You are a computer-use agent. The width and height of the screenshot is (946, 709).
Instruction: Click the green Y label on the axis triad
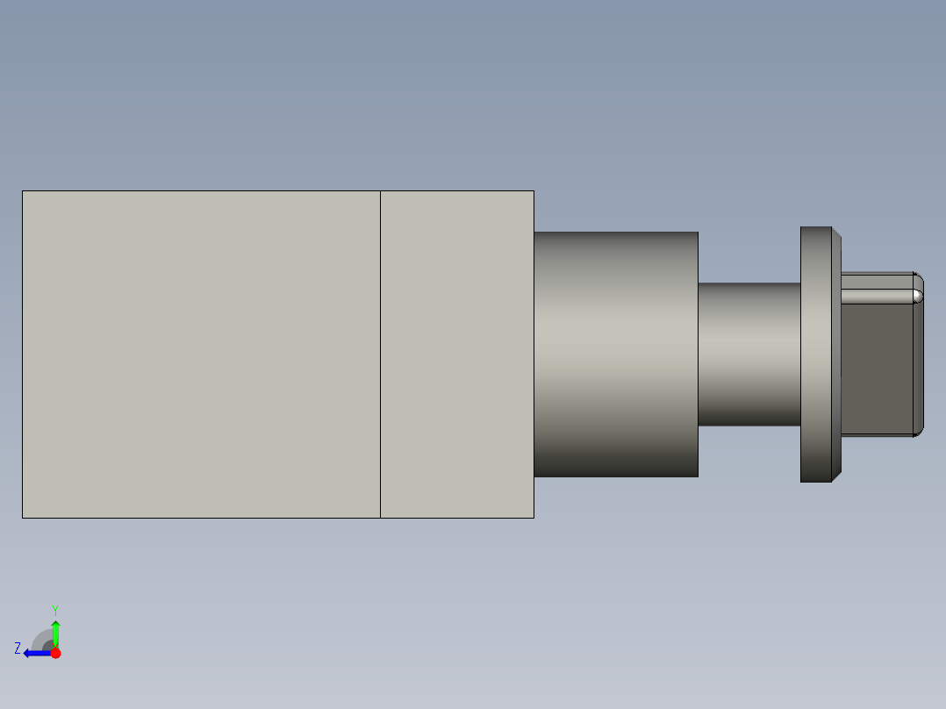point(54,609)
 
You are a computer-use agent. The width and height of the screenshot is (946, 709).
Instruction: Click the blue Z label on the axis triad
point(18,648)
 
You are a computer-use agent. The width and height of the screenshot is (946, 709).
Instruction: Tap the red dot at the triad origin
point(55,653)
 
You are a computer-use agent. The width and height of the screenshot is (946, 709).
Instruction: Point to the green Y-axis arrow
point(55,632)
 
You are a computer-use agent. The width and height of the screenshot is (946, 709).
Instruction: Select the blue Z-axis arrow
point(35,653)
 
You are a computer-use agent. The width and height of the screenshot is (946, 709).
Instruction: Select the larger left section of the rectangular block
point(201,354)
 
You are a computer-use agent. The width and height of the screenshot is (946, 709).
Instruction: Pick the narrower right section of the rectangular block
point(457,354)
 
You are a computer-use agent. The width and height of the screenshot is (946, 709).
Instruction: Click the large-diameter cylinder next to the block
point(616,354)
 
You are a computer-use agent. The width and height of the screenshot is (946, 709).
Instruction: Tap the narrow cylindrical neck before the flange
point(749,354)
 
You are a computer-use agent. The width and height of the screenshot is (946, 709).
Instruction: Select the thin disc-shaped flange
point(815,354)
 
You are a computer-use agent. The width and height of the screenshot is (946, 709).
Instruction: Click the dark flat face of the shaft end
point(876,369)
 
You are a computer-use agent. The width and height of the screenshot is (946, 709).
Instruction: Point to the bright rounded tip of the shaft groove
point(917,296)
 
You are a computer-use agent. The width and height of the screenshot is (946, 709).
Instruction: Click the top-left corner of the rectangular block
point(23,191)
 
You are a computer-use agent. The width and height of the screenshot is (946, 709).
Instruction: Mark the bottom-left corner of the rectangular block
point(23,517)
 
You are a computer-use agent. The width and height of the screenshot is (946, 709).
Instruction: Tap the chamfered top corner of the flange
point(836,233)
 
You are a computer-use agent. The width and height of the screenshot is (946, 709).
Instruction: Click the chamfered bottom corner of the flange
point(836,476)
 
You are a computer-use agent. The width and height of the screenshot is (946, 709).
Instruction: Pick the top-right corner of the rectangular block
point(534,191)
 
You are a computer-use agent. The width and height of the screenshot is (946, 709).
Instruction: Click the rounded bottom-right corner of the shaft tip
point(918,432)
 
